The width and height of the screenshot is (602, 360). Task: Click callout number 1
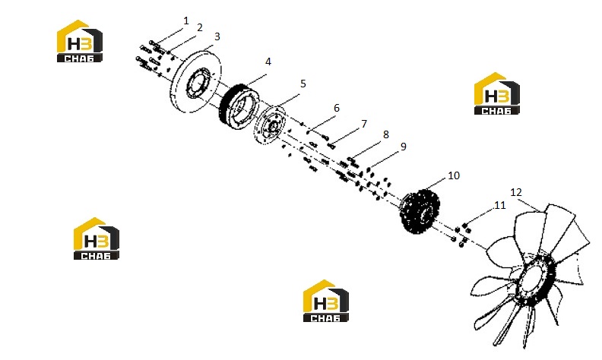[x=186, y=21]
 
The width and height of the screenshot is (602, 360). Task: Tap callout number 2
[x=199, y=27]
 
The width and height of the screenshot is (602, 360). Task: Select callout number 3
[x=217, y=36]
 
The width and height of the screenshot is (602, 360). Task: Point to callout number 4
[x=268, y=62]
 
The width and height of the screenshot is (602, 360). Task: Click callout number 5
[x=303, y=84]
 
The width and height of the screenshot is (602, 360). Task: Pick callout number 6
[x=337, y=108]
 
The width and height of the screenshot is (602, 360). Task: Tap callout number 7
[x=364, y=124]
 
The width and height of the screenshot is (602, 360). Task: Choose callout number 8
[x=386, y=134]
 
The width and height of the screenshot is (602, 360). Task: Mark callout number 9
[x=403, y=147]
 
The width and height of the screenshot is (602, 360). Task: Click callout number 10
[x=454, y=175]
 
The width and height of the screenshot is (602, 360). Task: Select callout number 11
[x=499, y=205]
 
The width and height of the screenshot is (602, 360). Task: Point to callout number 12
[x=516, y=192]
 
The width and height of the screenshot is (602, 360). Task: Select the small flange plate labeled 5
[x=270, y=125]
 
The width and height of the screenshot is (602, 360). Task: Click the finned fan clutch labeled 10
[x=420, y=211]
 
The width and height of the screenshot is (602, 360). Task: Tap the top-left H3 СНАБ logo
[x=80, y=41]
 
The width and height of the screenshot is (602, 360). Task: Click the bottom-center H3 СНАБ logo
[x=326, y=301]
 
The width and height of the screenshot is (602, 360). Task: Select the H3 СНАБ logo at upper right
[x=497, y=93]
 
